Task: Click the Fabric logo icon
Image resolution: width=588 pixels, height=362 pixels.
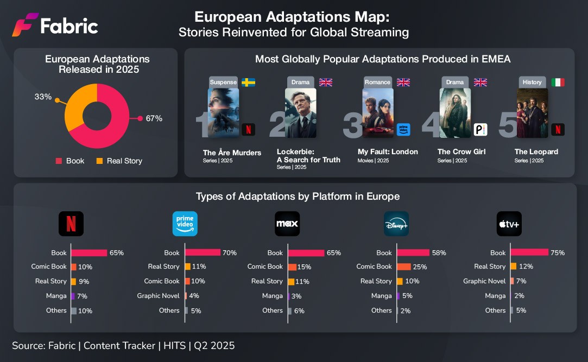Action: click(25, 25)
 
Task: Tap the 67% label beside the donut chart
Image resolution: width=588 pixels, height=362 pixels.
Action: click(154, 118)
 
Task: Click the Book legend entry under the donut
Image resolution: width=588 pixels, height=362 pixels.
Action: click(70, 161)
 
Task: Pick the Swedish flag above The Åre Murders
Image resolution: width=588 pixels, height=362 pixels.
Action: click(248, 82)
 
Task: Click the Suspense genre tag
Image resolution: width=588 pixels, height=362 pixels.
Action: click(223, 82)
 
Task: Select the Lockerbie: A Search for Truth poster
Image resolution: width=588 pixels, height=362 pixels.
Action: click(300, 113)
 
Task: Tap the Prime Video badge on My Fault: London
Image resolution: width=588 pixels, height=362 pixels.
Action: click(403, 130)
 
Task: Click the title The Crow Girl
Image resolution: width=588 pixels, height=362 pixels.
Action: click(461, 152)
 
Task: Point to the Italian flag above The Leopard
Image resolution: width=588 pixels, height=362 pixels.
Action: click(558, 82)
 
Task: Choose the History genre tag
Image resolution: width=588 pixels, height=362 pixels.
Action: click(532, 82)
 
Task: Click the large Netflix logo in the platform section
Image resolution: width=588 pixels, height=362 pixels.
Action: click(71, 224)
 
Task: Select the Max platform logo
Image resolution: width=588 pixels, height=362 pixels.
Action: click(287, 224)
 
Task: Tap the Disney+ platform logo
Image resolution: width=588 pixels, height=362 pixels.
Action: click(396, 224)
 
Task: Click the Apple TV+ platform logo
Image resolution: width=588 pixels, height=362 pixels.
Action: click(509, 224)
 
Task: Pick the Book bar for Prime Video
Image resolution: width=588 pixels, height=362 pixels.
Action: click(203, 252)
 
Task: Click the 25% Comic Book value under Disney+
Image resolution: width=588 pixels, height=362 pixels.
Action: click(420, 267)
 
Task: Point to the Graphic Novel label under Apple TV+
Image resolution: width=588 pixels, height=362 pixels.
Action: click(484, 281)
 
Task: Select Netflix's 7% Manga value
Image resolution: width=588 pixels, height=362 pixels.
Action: click(82, 296)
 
